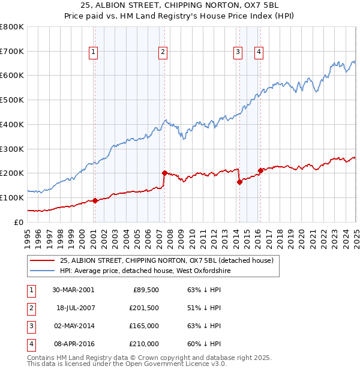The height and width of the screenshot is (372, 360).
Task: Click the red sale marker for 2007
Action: click(164, 173)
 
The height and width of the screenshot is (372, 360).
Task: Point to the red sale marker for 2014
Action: click(239, 182)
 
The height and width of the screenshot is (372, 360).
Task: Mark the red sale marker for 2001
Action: click(95, 200)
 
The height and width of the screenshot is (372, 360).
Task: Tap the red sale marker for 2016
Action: click(260, 170)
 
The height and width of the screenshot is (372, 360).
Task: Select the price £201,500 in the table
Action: click(144, 308)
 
